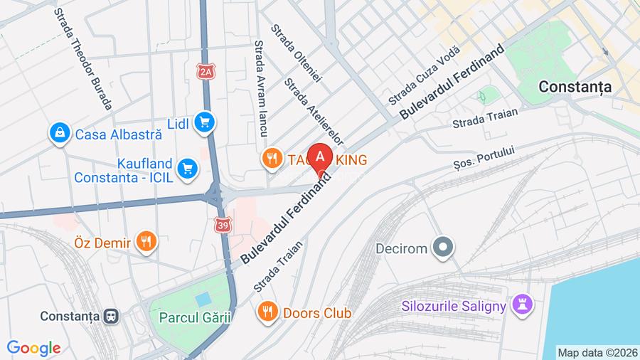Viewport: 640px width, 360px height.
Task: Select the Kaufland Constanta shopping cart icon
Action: (x=188, y=168)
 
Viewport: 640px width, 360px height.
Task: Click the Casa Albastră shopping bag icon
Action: (x=60, y=133)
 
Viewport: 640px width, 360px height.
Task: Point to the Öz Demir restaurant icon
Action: (x=146, y=242)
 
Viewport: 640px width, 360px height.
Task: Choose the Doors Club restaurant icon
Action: (x=268, y=312)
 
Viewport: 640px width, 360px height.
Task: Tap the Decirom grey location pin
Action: (x=445, y=247)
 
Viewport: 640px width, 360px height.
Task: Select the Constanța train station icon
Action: (x=110, y=315)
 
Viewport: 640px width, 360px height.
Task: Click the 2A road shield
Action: (x=206, y=71)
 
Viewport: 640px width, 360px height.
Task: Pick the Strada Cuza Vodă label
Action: (x=425, y=75)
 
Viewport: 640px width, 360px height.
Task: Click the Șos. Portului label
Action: (x=484, y=159)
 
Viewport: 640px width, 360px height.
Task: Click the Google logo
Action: (x=33, y=349)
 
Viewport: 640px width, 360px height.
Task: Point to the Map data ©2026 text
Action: (x=596, y=352)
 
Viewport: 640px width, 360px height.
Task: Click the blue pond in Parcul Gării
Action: (x=203, y=300)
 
